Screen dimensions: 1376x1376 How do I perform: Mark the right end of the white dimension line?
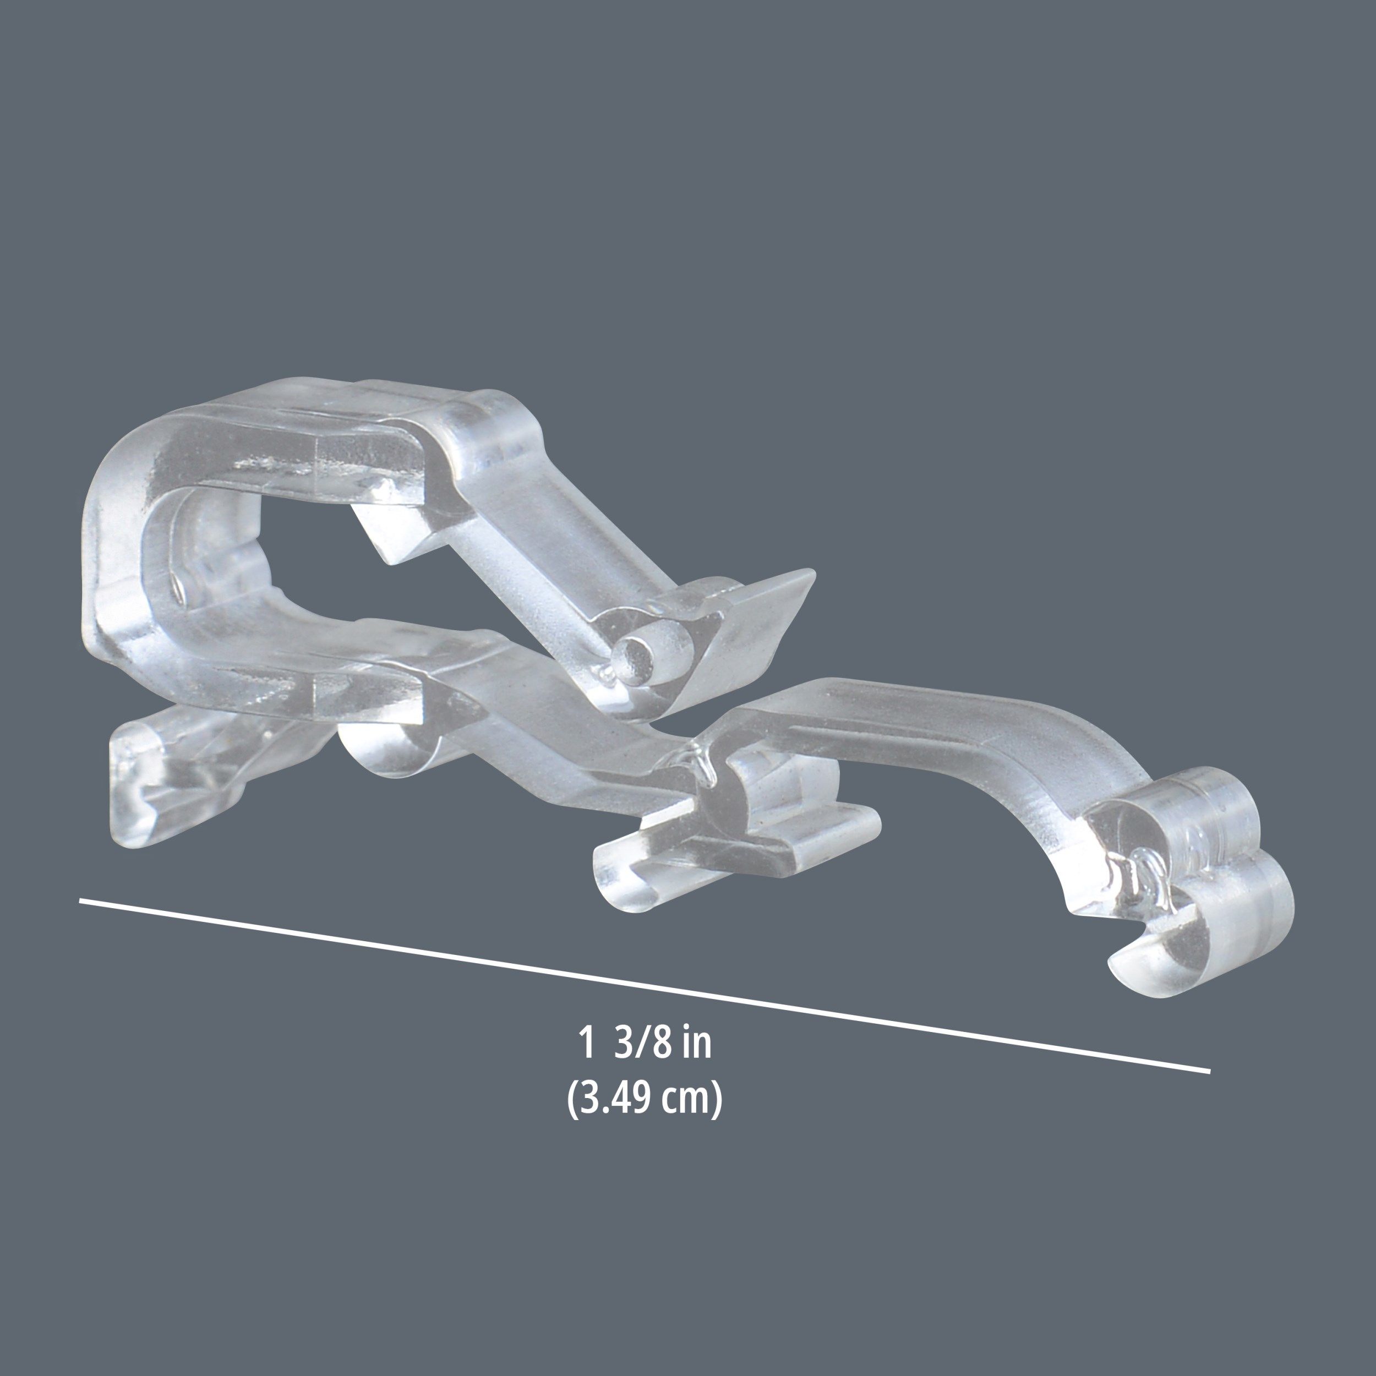(x=1209, y=1090)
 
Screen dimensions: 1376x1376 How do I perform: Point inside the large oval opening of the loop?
(x=299, y=541)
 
